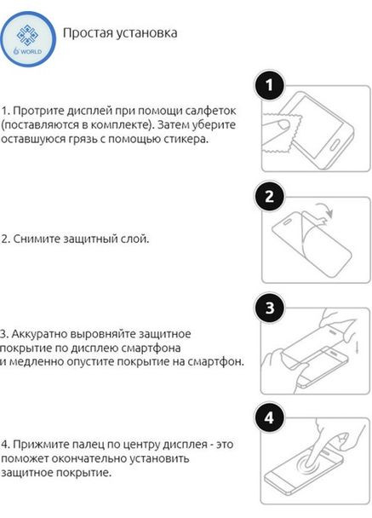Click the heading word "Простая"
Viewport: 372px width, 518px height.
pyautogui.click(x=84, y=33)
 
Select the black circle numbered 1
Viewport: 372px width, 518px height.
pyautogui.click(x=270, y=85)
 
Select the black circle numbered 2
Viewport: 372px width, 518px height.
pyautogui.click(x=270, y=198)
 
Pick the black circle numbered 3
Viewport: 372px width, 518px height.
pyautogui.click(x=270, y=308)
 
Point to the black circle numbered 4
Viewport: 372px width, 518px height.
pyautogui.click(x=270, y=419)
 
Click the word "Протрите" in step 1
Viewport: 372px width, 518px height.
pyautogui.click(x=37, y=112)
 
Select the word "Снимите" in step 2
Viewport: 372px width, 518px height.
pyautogui.click(x=34, y=239)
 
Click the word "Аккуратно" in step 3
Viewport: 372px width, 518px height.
pyautogui.click(x=40, y=332)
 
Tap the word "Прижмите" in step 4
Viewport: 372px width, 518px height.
pyautogui.click(x=38, y=445)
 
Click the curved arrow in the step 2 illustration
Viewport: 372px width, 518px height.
pyautogui.click(x=321, y=210)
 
